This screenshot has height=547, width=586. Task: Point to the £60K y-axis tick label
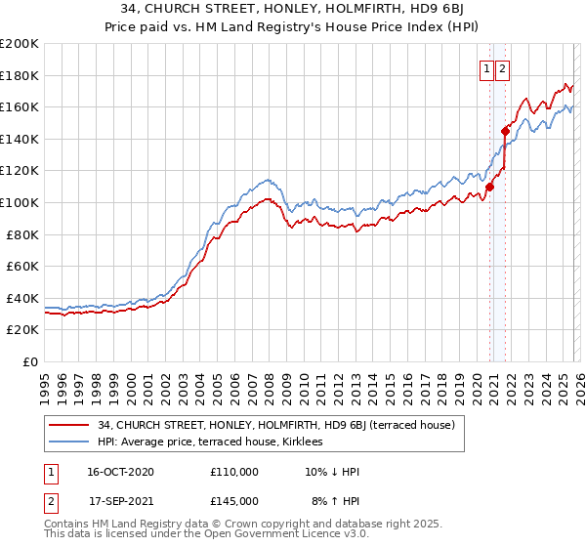(22, 266)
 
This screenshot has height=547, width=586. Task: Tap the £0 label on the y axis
(31, 361)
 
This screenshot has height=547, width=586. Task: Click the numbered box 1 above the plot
(485, 68)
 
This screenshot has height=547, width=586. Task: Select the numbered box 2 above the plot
(502, 68)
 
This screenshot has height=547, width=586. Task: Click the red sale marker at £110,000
(489, 188)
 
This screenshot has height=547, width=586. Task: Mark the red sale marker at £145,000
(505, 131)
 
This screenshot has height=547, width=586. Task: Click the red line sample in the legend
(70, 425)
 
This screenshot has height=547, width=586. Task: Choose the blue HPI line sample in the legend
(70, 442)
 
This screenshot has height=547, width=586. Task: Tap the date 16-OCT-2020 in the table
(118, 472)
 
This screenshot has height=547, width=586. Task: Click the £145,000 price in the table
(234, 501)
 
